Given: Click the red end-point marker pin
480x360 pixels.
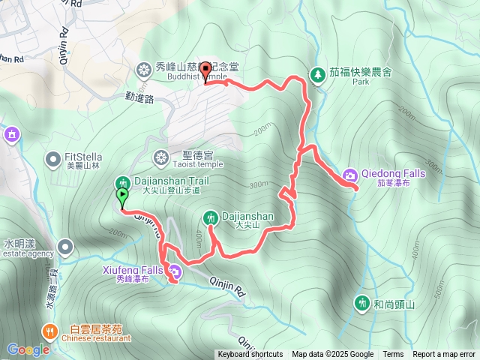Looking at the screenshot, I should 205,75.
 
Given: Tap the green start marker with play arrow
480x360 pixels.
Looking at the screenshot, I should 121,197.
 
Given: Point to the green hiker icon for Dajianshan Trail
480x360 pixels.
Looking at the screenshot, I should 123,182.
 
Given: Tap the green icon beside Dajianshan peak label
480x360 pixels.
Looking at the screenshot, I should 211,217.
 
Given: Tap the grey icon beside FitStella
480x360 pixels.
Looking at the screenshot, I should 52,159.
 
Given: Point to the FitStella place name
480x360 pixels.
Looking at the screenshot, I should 83,156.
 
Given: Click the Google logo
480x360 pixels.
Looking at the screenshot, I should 28,349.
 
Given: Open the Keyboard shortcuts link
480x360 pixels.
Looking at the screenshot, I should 250,355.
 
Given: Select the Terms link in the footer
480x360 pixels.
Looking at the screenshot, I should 393,355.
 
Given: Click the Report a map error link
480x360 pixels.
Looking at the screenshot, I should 445,355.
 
